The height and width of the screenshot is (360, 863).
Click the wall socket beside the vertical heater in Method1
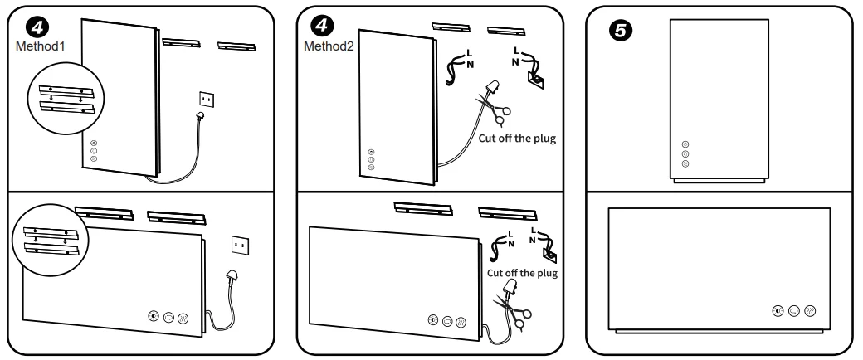pyautogui.click(x=207, y=99)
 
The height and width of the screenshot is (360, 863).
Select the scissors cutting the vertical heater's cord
pyautogui.click(x=496, y=105)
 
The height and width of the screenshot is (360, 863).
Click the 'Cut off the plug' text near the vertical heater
pyautogui.click(x=516, y=137)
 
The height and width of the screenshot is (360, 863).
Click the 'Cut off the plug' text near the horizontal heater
pyautogui.click(x=522, y=272)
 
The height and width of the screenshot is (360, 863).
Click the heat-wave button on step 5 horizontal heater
pyautogui.click(x=811, y=309)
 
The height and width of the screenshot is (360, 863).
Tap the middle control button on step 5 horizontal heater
pyautogui.click(x=794, y=309)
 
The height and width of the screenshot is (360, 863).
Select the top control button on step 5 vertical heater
pyautogui.click(x=685, y=144)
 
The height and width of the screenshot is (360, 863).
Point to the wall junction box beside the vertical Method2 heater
pyautogui.click(x=535, y=80)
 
